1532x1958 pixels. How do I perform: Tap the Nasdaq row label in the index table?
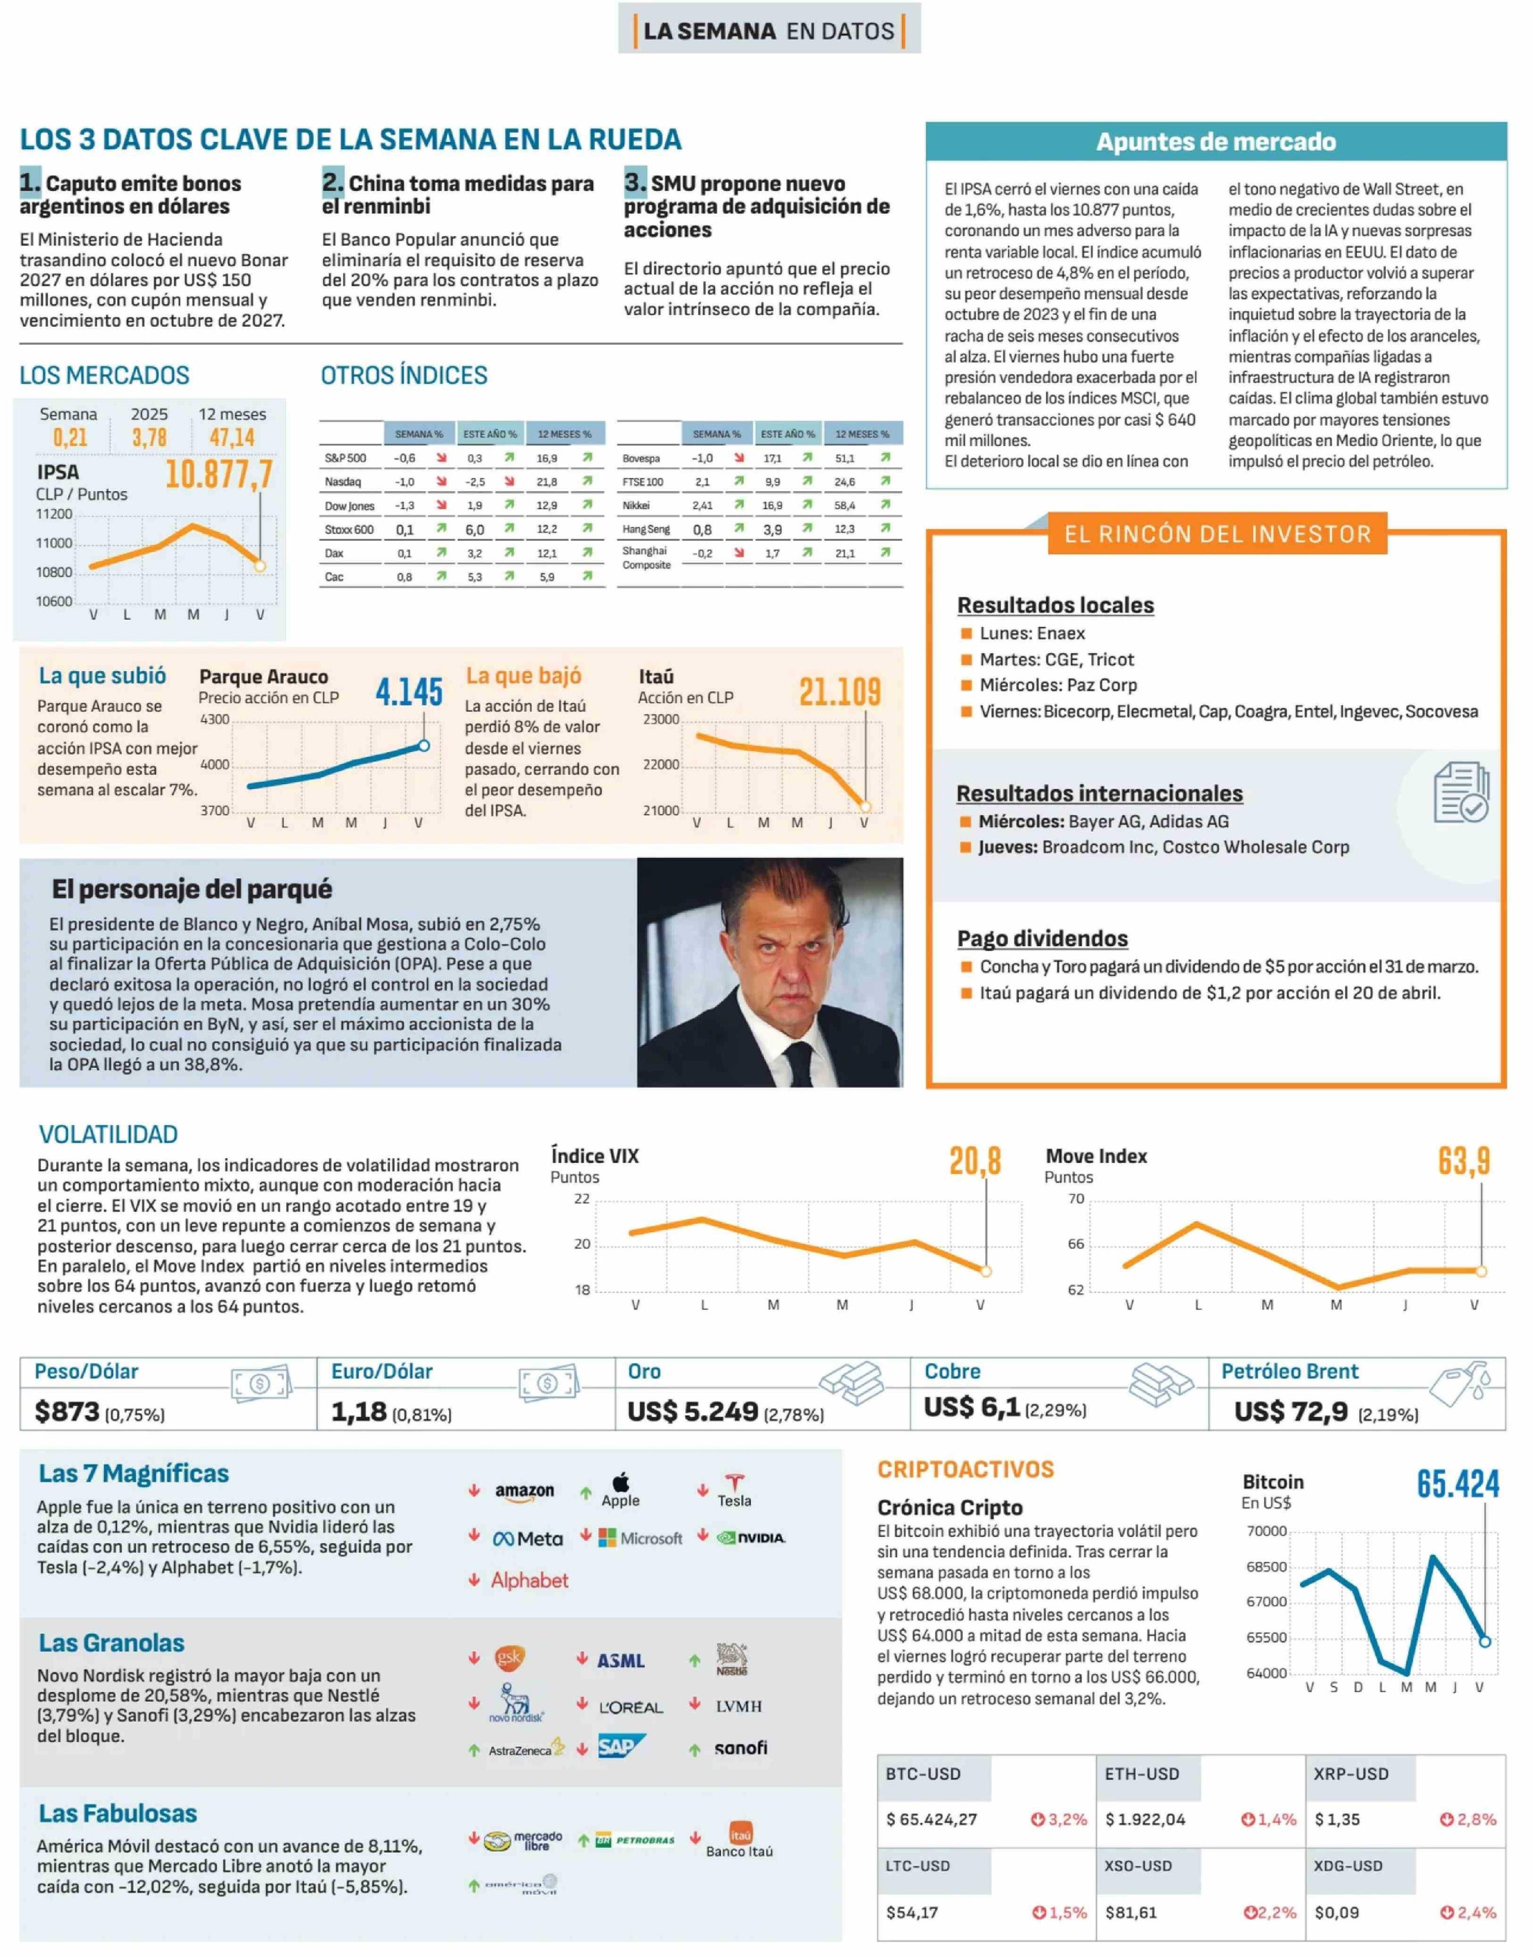pyautogui.click(x=342, y=481)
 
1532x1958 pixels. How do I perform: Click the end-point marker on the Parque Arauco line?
pyautogui.click(x=424, y=745)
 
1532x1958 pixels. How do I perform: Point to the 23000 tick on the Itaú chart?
pyautogui.click(x=661, y=719)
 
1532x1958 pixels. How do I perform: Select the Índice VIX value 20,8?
pyautogui.click(x=975, y=1161)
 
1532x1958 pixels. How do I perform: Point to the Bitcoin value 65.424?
pyautogui.click(x=1458, y=1485)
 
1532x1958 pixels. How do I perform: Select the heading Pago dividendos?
pyautogui.click(x=1042, y=938)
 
